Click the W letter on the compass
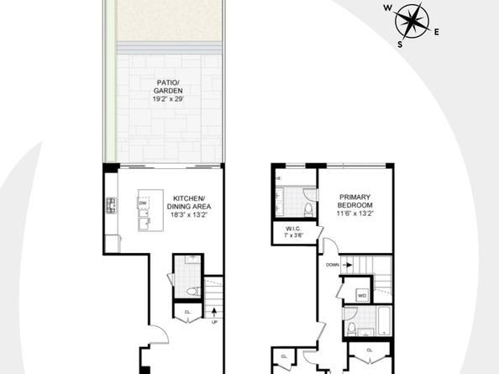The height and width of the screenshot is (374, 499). tap(387, 8)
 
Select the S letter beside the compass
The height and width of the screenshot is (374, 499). tap(400, 45)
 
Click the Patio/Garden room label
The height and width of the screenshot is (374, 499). tap(166, 87)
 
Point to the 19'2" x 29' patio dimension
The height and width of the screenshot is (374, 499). tap(166, 98)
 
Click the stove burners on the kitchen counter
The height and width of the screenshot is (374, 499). tap(110, 205)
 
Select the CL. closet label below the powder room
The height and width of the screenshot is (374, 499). tap(187, 313)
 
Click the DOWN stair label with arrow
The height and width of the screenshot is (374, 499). tap(334, 265)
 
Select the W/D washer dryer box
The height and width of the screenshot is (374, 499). tap(362, 296)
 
